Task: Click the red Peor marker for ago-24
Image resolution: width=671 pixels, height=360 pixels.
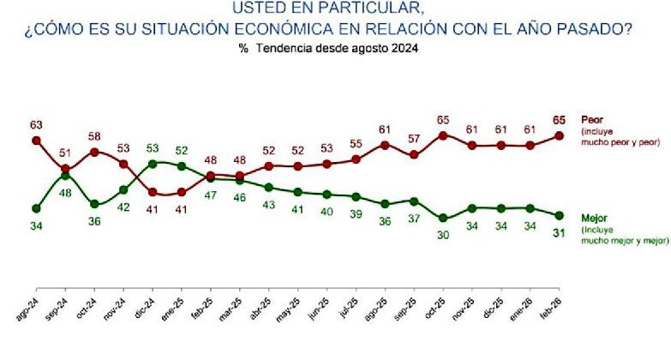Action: pyautogui.click(x=36, y=140)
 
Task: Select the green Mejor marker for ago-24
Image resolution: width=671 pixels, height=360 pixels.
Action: pyautogui.click(x=36, y=207)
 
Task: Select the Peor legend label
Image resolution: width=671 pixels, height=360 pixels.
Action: pyautogui.click(x=592, y=119)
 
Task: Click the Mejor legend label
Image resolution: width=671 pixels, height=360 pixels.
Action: pyautogui.click(x=595, y=218)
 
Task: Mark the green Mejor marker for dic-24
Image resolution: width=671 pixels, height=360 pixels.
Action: pyautogui.click(x=153, y=163)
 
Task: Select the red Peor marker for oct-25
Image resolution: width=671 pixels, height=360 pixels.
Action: pyautogui.click(x=443, y=135)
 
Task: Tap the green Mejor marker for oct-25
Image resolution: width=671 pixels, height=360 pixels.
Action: pyautogui.click(x=443, y=218)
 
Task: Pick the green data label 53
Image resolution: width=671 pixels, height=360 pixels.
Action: pyautogui.click(x=153, y=147)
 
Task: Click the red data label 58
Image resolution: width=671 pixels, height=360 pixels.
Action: pyautogui.click(x=94, y=135)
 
